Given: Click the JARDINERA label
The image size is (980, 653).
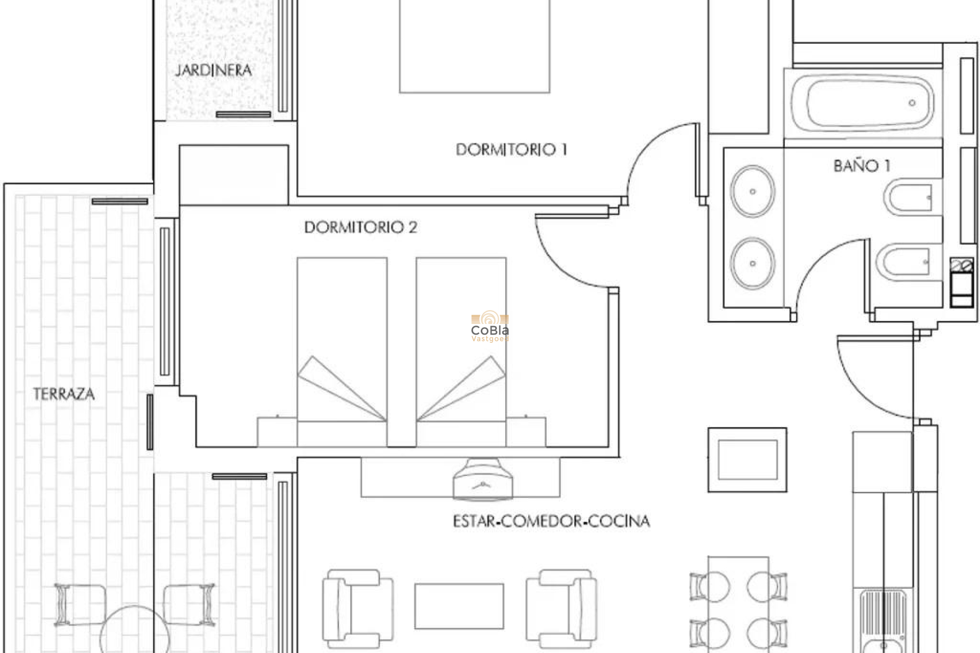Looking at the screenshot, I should tap(213, 70).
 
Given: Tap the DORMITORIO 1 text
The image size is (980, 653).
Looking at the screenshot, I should tap(511, 149).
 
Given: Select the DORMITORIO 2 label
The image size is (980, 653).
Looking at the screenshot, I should tap(360, 227).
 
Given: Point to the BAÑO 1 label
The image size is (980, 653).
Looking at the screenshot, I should tap(862, 166).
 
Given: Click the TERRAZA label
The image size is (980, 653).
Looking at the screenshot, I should tap(64, 394).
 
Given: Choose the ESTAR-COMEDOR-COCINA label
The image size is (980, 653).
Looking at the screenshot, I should tap(551, 521).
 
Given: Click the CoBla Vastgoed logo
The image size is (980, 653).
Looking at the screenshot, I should tap(489, 326).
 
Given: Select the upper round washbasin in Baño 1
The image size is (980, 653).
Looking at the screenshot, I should tap(752, 192).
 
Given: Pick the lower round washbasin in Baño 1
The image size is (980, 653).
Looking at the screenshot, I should tap(752, 264).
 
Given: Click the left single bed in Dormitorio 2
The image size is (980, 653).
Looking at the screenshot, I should tap(342, 347).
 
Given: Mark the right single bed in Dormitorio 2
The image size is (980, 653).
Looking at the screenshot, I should tap(461, 347).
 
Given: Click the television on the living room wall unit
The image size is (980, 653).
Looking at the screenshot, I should tap(482, 480).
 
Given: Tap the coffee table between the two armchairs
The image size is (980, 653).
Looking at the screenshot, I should tap(459, 606).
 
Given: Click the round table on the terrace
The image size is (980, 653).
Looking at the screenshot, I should tap(134, 633).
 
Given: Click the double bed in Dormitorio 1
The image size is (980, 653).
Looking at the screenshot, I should tap(474, 46).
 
